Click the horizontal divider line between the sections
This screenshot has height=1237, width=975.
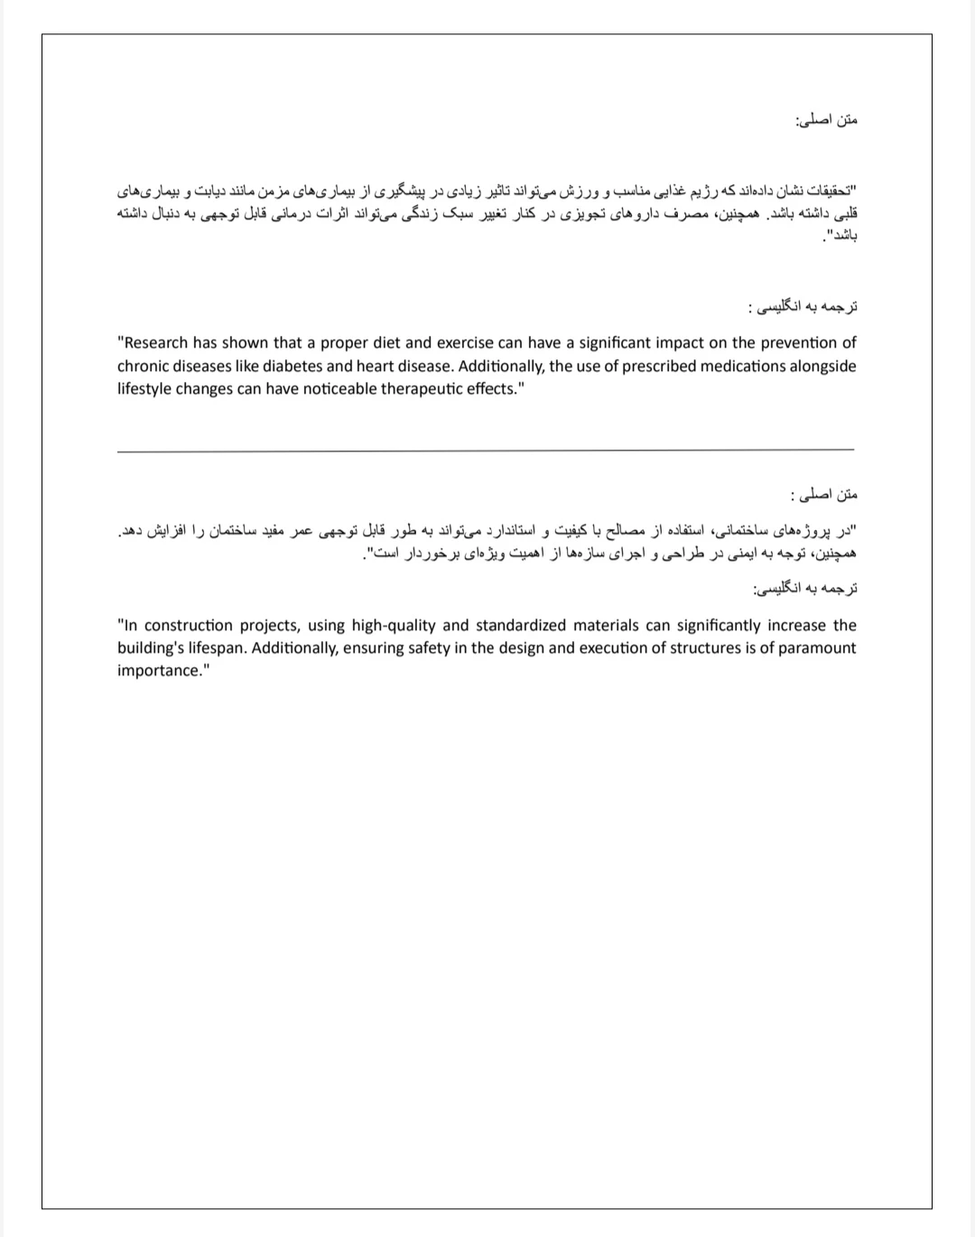486,450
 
